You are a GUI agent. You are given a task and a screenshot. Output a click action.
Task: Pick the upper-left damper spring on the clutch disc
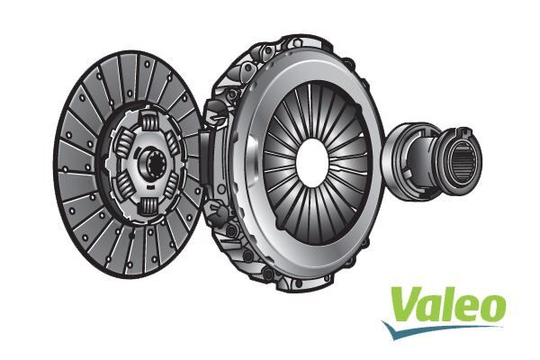pyautogui.click(x=124, y=142)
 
